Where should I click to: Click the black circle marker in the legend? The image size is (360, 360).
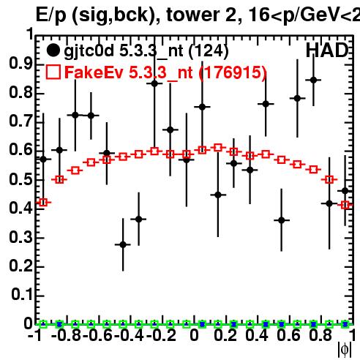tap(53, 50)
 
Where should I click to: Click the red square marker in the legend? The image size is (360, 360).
tap(53, 72)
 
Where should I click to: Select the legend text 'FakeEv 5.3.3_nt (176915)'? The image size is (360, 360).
tap(166, 72)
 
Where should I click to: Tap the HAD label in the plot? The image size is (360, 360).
tap(327, 50)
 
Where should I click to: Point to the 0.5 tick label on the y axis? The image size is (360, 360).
tap(20, 179)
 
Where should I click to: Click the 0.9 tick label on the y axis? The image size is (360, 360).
tap(20, 64)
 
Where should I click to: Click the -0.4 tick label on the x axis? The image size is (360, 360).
tap(130, 336)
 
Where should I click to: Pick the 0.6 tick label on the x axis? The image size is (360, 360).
tap(288, 336)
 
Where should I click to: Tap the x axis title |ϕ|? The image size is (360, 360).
tap(345, 350)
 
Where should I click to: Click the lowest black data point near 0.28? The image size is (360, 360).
tap(123, 244)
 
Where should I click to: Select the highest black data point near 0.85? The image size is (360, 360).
tap(313, 80)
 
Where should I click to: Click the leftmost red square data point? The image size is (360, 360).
tap(43, 202)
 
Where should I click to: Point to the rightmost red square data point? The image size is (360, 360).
tap(345, 205)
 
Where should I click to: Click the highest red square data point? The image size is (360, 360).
tap(218, 147)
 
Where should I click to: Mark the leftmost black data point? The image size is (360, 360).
tap(43, 160)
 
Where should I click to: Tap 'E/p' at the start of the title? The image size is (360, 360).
tap(51, 15)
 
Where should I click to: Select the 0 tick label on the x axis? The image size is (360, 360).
tap(194, 336)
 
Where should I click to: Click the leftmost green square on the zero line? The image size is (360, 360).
tap(43, 324)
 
